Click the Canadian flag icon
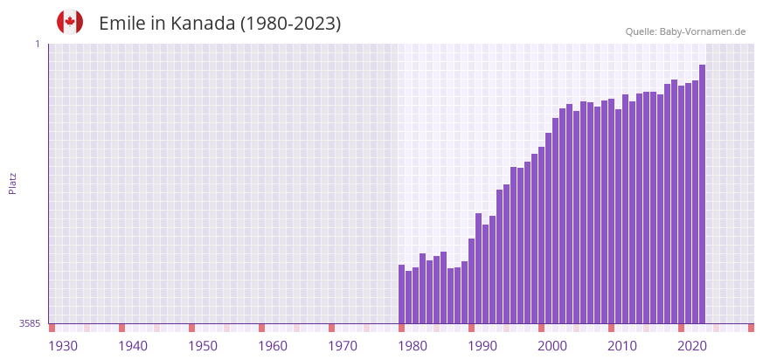[70, 22]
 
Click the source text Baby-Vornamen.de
[703, 31]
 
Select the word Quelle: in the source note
[641, 31]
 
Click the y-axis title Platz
[12, 183]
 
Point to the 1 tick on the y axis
[37, 44]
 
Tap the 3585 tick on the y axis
[30, 323]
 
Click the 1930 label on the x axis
[63, 346]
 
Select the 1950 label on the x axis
[203, 346]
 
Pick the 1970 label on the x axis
[343, 346]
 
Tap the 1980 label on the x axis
[413, 346]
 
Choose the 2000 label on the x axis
[552, 346]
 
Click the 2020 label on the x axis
[692, 346]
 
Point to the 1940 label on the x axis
[133, 346]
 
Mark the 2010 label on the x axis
[622, 346]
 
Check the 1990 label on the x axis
[482, 346]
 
